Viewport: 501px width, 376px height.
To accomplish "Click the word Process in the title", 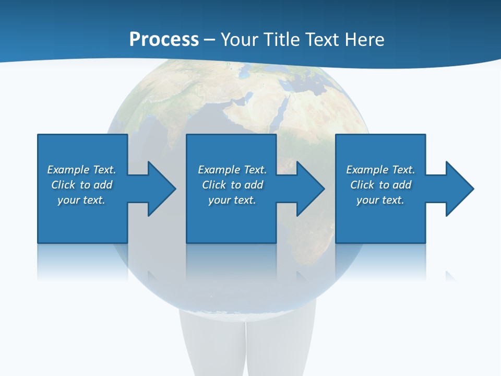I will click(164, 40).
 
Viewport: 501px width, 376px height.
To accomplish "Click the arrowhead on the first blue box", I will click(160, 189).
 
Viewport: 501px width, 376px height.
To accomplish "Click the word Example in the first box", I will click(68, 170).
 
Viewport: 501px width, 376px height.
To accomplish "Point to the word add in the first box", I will click(103, 185).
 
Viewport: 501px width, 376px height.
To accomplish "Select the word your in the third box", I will click(368, 200).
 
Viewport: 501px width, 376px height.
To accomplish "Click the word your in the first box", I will click(69, 200).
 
